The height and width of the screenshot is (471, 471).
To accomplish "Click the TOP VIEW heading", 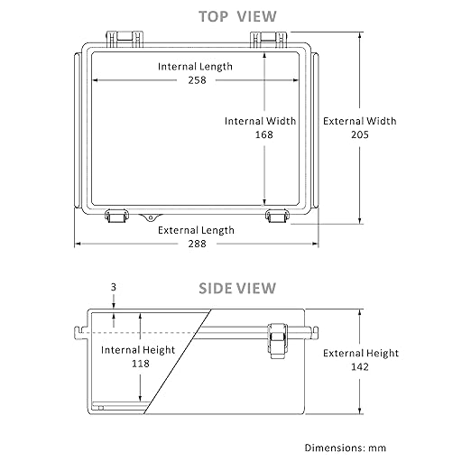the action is (237, 16).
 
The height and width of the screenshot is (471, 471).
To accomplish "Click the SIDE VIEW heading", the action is (237, 288).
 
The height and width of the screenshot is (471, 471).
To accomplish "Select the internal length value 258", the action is (197, 80).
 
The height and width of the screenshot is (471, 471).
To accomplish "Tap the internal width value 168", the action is (264, 134).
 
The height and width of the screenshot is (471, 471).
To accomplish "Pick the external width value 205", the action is (360, 134).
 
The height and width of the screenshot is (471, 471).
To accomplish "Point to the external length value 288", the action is (197, 244).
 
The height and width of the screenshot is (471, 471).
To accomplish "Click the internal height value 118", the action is (141, 364).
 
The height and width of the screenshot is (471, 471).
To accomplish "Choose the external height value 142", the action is (360, 366).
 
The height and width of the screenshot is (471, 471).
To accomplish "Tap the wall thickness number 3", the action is (114, 287).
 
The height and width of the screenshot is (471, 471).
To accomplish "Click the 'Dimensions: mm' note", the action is (346, 448).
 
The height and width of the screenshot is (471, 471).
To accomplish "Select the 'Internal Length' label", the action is (195, 67).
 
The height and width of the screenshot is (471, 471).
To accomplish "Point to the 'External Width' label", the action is (360, 121).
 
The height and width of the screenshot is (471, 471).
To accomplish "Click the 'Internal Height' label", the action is (138, 350).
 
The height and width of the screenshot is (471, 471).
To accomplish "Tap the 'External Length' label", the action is (196, 230).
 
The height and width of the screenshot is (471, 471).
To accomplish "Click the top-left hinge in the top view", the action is (125, 39).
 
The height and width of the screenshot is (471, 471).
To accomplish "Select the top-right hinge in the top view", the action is (269, 39).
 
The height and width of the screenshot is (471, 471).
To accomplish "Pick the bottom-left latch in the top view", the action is (117, 216).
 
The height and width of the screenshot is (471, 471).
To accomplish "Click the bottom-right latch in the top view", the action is (278, 216).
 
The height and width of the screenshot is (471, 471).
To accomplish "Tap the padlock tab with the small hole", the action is (150, 217).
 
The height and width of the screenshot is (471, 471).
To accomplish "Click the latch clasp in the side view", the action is (278, 341).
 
